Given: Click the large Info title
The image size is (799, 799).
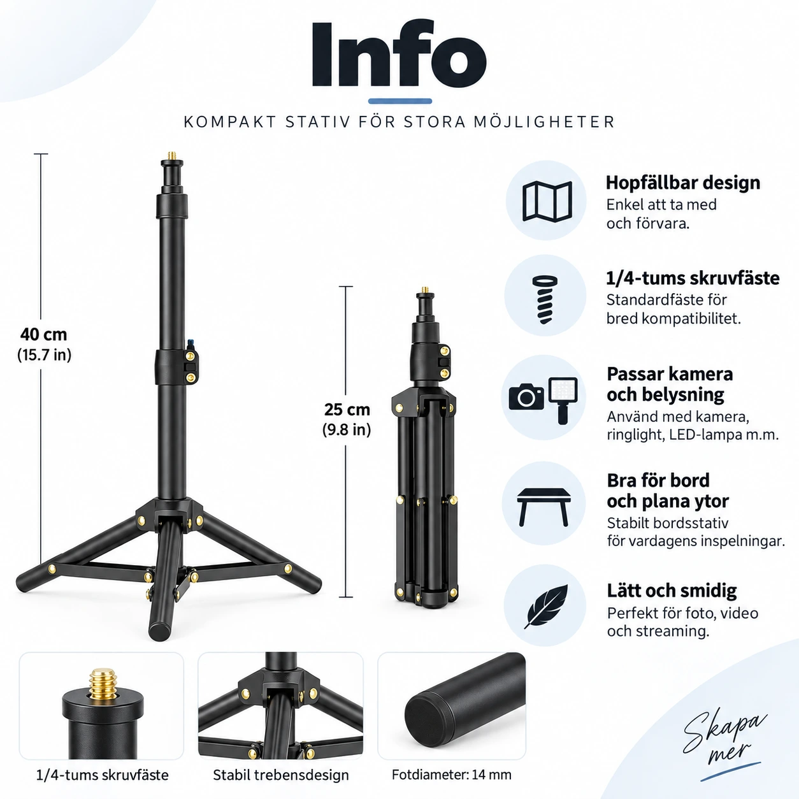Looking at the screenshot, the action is pyautogui.click(x=399, y=54).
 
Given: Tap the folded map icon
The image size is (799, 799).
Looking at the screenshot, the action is pyautogui.click(x=547, y=201).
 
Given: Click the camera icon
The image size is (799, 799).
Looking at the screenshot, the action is pyautogui.click(x=526, y=396).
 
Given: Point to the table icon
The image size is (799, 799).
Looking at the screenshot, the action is pyautogui.click(x=543, y=507).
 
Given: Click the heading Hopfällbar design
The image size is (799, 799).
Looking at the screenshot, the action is pyautogui.click(x=683, y=183).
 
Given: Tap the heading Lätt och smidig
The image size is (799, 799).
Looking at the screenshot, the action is pyautogui.click(x=672, y=591).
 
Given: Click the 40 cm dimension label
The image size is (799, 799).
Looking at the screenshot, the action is pyautogui.click(x=43, y=335).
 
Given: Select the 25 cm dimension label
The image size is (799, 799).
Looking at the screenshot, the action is pyautogui.click(x=347, y=410).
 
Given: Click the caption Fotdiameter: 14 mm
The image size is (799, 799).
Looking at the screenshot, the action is pyautogui.click(x=452, y=775).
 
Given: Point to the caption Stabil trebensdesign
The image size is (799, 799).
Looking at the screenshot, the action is pyautogui.click(x=281, y=775).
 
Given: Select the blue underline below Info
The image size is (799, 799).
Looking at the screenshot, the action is pyautogui.click(x=400, y=101).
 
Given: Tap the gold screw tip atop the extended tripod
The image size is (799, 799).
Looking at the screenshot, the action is pyautogui.click(x=171, y=156).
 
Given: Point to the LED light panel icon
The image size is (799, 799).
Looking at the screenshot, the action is pyautogui.click(x=563, y=401).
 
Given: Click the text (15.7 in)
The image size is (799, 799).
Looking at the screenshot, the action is pyautogui.click(x=45, y=355).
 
